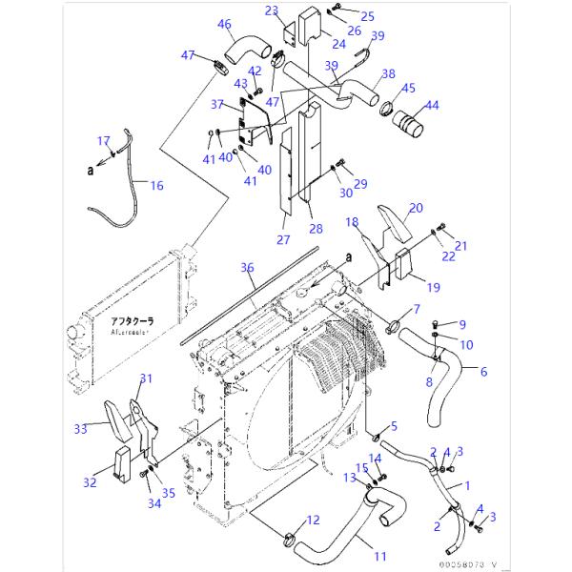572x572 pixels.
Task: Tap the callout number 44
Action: click(432, 105)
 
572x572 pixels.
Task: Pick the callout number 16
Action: click(157, 186)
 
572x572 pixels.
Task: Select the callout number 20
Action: click(416, 208)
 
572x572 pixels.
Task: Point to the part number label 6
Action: click(482, 372)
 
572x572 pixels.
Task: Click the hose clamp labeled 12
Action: click(292, 535)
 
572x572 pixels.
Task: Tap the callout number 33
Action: click(81, 430)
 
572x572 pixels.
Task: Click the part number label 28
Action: click(317, 229)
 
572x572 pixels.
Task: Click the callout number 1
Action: click(466, 485)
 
